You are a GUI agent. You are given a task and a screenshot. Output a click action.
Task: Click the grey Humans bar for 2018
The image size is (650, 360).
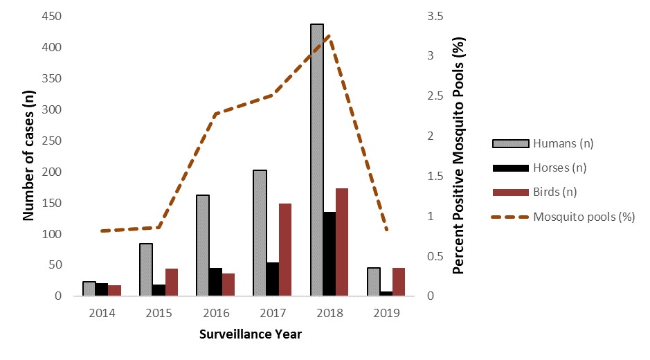(316, 161)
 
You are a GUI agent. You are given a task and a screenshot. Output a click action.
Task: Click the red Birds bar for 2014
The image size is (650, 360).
(114, 290)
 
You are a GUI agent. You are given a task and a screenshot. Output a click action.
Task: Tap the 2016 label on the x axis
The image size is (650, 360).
(215, 312)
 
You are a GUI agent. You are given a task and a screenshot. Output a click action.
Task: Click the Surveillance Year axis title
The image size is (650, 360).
(250, 334)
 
